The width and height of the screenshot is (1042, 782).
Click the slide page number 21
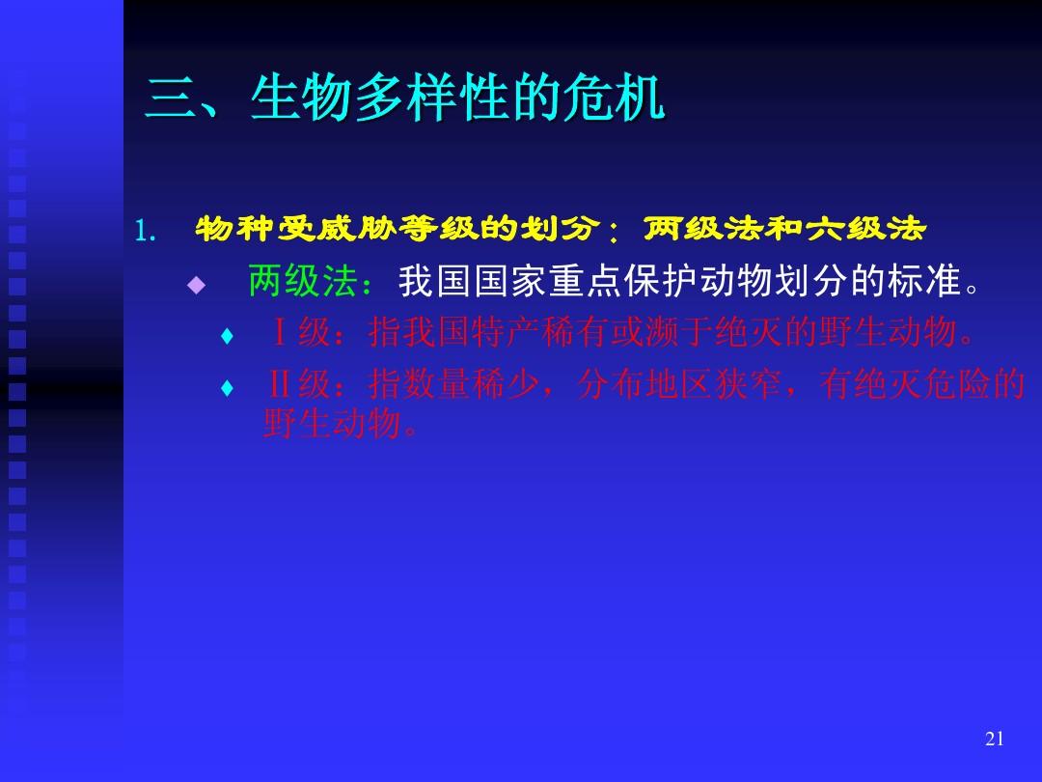click(x=994, y=739)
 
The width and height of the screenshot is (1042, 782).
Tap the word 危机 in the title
click(x=614, y=98)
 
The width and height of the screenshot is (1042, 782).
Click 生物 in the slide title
click(x=301, y=98)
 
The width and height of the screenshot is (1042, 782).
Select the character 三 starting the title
click(x=170, y=98)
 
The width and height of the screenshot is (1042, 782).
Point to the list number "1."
click(x=145, y=231)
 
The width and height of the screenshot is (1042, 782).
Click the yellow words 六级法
click(x=864, y=229)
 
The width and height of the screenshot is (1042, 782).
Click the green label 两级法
click(x=302, y=280)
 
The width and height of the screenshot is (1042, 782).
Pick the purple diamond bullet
click(x=196, y=285)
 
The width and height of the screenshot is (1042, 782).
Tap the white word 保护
click(x=661, y=280)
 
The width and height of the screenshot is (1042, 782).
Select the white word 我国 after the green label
click(x=434, y=280)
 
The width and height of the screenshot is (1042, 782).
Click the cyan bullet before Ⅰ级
click(x=227, y=336)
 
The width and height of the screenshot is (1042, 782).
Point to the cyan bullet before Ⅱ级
click(x=227, y=387)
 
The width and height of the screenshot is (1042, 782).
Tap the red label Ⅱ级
click(x=299, y=383)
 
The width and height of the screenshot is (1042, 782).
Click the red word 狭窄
click(x=749, y=383)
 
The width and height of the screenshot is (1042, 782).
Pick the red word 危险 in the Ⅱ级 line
click(x=956, y=383)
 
